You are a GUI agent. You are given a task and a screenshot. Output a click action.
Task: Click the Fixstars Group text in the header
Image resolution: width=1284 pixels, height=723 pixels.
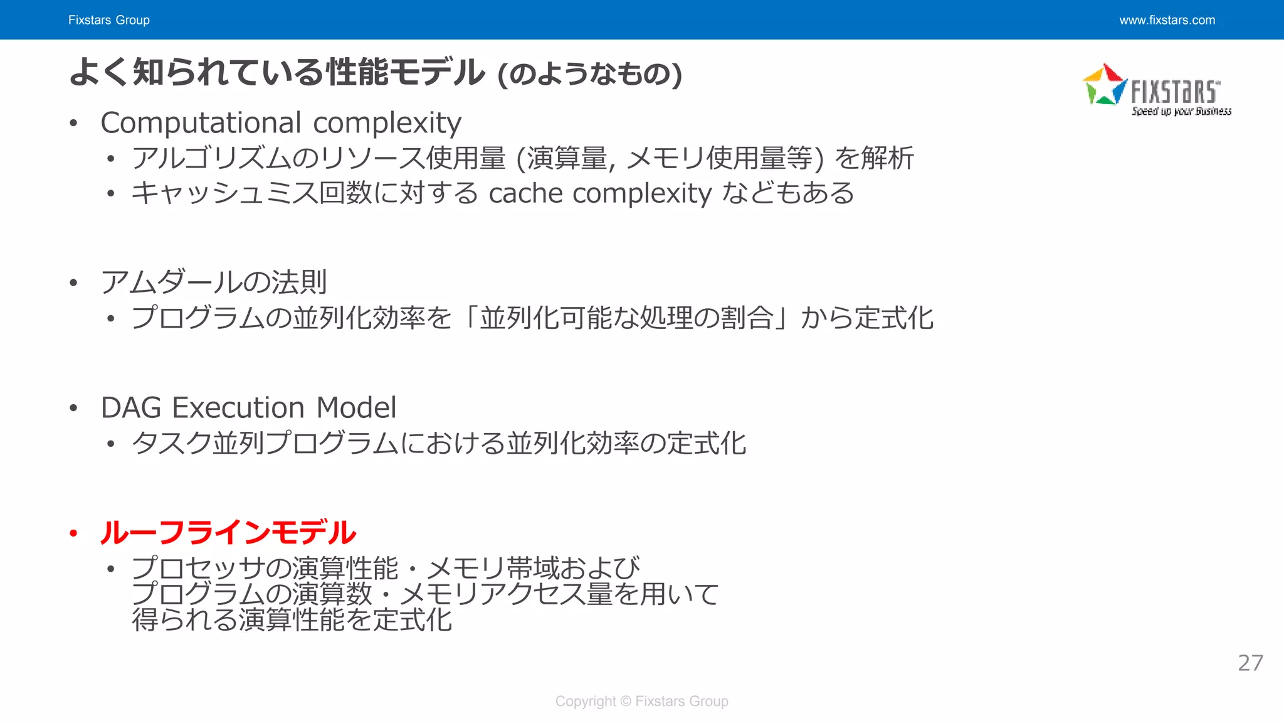point(108,20)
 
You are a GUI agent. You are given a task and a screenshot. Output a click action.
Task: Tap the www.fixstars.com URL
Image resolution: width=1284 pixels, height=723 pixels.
point(1167,20)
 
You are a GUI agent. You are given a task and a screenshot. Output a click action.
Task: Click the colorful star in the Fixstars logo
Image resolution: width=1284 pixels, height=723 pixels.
point(1105,85)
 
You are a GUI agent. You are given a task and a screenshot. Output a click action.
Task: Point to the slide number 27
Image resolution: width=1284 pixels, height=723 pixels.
point(1250,663)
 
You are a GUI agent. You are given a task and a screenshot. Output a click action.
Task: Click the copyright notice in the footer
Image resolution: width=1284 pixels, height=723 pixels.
point(641,701)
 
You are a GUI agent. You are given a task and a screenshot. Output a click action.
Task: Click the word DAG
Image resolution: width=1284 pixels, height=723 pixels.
point(131,408)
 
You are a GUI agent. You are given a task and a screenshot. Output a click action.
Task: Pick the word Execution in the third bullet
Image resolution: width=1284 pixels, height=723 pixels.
point(238,408)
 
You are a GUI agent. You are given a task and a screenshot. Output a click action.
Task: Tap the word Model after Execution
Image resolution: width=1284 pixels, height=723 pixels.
point(356,408)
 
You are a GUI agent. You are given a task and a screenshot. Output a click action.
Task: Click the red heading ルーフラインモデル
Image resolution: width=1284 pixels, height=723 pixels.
point(228,533)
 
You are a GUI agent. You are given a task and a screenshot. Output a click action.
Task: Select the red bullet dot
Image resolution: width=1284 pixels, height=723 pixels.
point(73,533)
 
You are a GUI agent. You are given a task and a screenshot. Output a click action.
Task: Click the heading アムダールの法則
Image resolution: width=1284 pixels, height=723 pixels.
point(214,282)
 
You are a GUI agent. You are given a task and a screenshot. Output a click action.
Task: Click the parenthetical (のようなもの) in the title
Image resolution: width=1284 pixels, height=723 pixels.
point(589,74)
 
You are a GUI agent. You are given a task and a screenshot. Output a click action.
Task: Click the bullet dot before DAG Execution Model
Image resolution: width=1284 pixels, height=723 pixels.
point(73,409)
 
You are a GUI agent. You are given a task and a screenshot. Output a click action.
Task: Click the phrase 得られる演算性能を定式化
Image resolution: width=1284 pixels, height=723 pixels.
point(292,620)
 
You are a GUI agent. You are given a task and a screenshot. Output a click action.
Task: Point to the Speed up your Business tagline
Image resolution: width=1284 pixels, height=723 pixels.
point(1181,111)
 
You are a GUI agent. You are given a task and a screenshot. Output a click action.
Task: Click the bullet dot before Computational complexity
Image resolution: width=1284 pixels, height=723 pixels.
point(73,123)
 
